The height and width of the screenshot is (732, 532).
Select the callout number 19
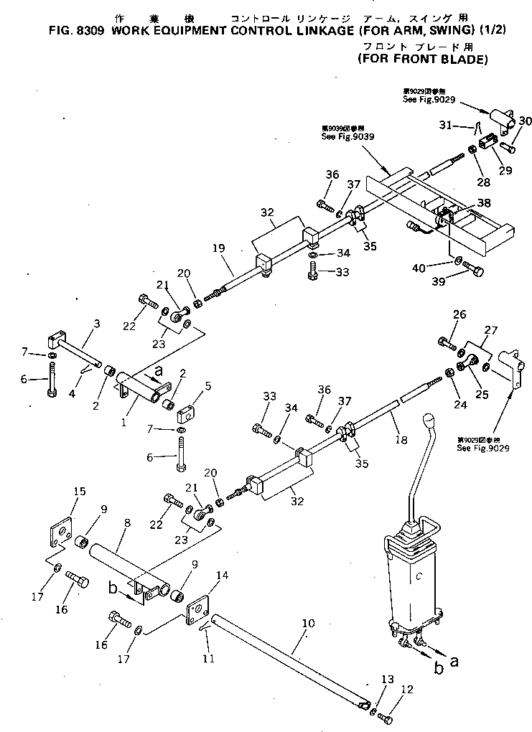pyautogui.click(x=219, y=248)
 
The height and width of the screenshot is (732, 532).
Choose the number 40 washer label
pyautogui.click(x=437, y=268)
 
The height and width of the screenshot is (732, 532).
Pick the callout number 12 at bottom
pyautogui.click(x=407, y=690)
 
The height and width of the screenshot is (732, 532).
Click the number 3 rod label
pyautogui.click(x=96, y=326)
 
